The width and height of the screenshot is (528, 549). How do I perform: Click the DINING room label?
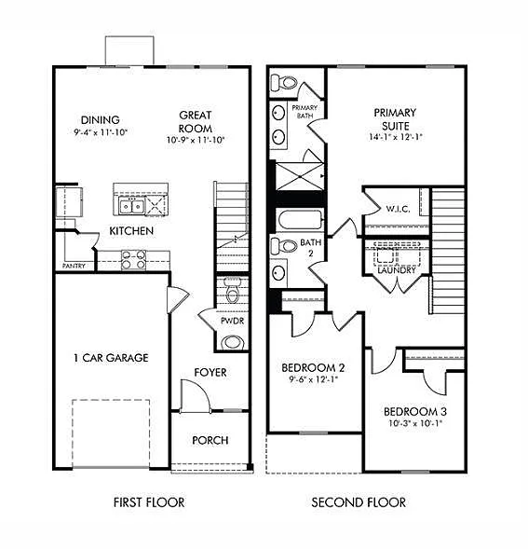click(x=100, y=119)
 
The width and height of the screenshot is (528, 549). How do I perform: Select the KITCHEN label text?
click(x=131, y=230)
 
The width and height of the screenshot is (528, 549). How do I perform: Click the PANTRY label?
click(x=74, y=266)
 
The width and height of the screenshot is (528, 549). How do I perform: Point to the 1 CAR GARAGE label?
click(x=111, y=357)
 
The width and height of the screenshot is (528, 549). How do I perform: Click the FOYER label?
click(x=210, y=373)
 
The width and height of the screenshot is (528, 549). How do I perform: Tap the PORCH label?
click(x=210, y=440)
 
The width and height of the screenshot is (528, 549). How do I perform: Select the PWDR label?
click(x=232, y=321)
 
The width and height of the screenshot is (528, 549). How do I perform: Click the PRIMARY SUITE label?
click(x=396, y=119)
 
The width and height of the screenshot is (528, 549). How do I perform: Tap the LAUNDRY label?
click(x=397, y=270)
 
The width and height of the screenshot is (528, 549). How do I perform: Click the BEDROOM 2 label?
click(x=314, y=367)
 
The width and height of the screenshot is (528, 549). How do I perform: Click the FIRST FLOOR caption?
click(x=149, y=502)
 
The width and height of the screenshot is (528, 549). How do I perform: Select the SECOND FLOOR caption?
click(x=359, y=502)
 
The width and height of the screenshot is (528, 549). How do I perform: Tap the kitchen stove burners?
click(x=134, y=260)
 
